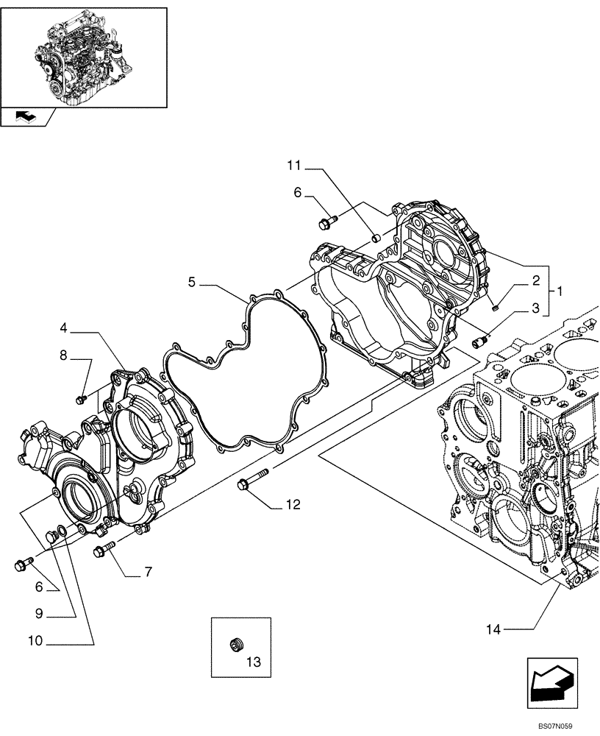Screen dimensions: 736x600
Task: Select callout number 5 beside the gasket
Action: (x=191, y=281)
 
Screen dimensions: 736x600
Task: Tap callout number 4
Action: (x=64, y=326)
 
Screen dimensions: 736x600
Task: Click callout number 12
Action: (x=293, y=505)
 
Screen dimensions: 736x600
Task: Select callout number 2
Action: (x=536, y=280)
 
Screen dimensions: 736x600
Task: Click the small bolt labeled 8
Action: (x=82, y=398)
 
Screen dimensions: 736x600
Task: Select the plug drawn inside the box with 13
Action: (x=236, y=645)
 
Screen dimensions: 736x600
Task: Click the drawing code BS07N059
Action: (x=554, y=726)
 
